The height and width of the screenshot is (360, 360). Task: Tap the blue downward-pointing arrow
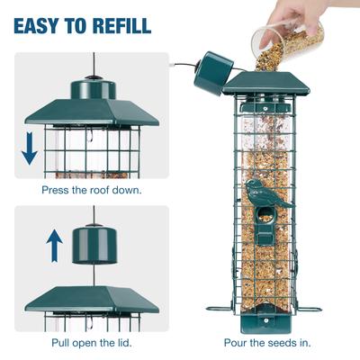click(x=29, y=148)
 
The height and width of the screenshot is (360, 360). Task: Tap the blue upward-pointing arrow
click(x=53, y=244)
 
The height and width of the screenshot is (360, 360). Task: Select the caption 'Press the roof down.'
click(x=91, y=191)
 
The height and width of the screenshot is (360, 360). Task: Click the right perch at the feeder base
click(x=310, y=309)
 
